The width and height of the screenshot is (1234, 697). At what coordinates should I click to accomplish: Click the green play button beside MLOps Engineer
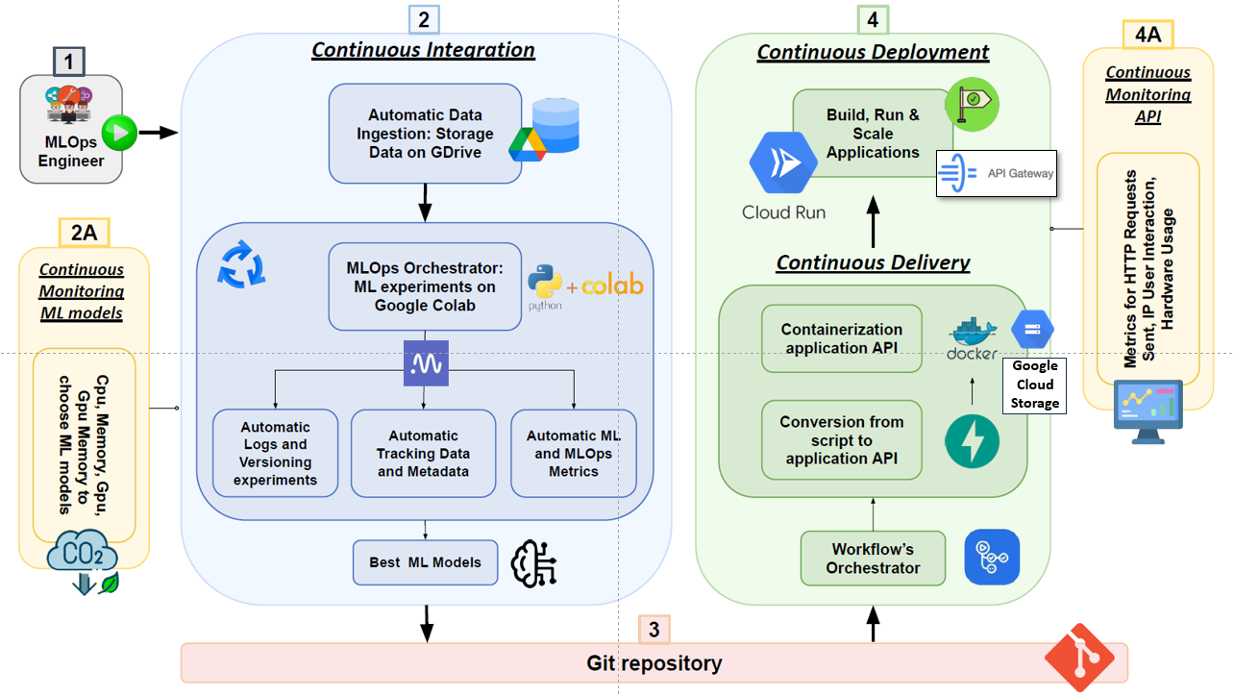(119, 132)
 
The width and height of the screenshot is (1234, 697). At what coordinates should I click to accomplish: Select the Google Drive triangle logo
(528, 142)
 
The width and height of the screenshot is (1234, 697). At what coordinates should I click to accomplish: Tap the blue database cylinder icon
(556, 124)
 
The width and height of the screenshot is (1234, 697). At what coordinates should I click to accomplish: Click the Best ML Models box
(425, 562)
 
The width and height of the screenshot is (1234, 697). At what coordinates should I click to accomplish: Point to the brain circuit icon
(534, 563)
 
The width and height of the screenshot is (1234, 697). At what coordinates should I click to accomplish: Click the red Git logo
(1079, 658)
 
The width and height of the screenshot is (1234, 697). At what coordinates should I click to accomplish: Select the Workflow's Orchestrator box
(873, 559)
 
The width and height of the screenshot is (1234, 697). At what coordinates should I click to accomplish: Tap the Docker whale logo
(973, 336)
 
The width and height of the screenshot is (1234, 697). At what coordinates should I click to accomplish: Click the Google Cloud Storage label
(1034, 385)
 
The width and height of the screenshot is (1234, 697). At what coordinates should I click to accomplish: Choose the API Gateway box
(997, 173)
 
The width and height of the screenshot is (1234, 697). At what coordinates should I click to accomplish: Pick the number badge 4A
(1148, 35)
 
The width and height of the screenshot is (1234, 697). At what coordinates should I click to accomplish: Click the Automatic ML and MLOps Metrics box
(574, 454)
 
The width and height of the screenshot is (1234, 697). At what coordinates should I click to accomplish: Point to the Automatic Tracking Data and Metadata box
(423, 454)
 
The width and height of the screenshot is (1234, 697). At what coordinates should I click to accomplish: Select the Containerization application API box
(841, 338)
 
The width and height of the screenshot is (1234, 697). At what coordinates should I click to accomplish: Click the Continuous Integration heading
(423, 50)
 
